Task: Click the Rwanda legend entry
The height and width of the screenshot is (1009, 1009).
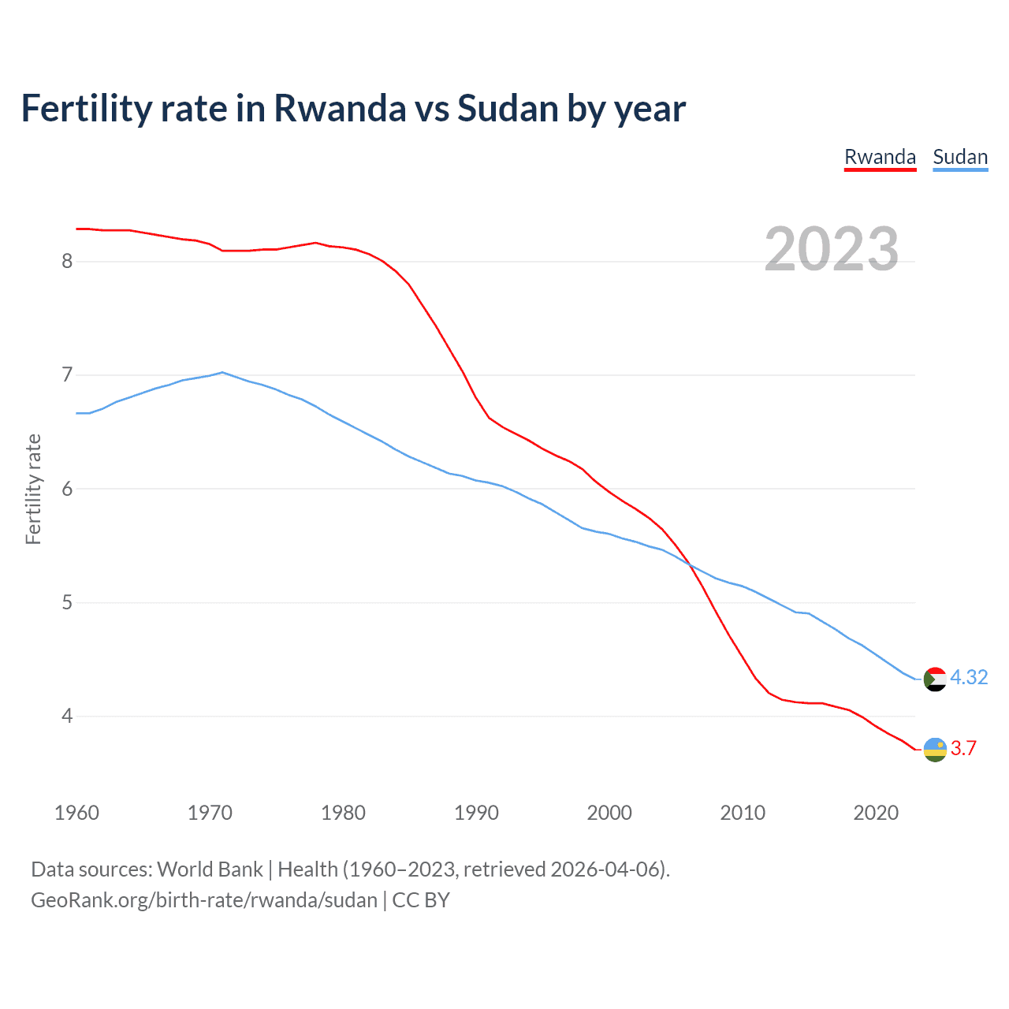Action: pos(880,157)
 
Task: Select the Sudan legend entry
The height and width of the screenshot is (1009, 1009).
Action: pos(959,157)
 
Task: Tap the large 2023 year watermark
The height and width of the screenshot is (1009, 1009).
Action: pos(831,249)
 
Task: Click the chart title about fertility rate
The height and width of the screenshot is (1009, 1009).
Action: pos(353,108)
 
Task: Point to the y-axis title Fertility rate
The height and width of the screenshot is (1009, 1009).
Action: pos(33,489)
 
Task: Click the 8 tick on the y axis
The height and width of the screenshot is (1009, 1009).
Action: pos(67,261)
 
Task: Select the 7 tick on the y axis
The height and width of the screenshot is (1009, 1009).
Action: pos(67,375)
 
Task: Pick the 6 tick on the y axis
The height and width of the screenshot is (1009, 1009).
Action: pos(67,489)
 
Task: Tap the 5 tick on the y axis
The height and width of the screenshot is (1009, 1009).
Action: pos(67,603)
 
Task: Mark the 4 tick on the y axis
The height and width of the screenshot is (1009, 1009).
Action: pos(67,717)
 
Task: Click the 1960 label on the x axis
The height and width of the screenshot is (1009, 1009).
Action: pos(76,813)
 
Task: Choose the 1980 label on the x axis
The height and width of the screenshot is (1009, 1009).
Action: pos(343,813)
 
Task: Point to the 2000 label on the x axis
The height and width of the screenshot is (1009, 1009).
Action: pos(609,813)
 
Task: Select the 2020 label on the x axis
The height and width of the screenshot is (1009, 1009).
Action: pos(876,813)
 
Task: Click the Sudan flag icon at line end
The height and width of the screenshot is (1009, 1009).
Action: pos(935,679)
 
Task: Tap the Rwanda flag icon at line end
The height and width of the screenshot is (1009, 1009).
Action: pos(935,750)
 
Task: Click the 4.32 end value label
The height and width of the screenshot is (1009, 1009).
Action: pos(969,677)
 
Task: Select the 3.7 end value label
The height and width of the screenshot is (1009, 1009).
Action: pos(963,748)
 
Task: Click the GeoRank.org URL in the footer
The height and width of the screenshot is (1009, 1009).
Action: pos(204,900)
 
